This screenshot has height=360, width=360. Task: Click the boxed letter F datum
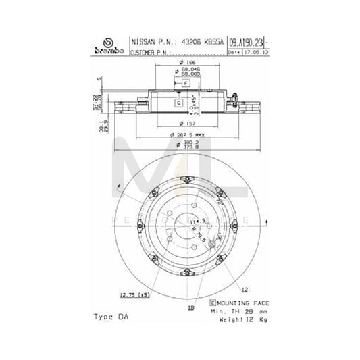185,82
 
